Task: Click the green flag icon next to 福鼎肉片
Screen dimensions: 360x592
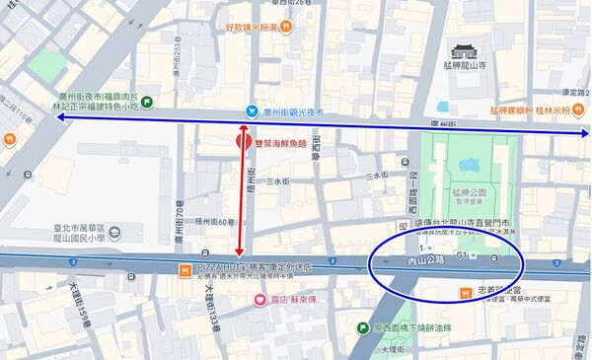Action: click(147, 101)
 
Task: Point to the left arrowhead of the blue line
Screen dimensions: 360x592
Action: click(60, 118)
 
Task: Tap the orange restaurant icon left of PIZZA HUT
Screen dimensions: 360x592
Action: click(185, 269)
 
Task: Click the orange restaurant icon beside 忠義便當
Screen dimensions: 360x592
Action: click(466, 292)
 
